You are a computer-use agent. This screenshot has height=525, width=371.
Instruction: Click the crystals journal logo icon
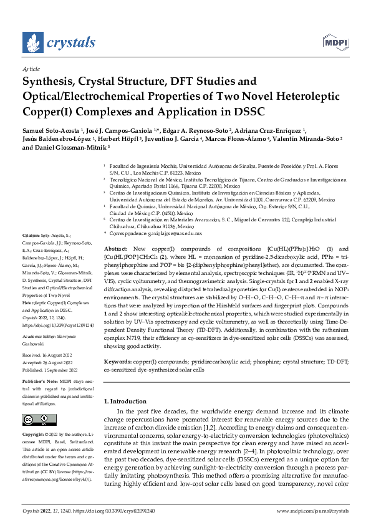(x=34, y=42)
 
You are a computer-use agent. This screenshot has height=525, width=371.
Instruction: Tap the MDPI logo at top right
(x=334, y=42)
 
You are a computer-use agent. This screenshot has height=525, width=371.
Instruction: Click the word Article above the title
(x=31, y=70)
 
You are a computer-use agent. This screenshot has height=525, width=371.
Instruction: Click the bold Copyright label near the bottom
(x=33, y=433)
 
